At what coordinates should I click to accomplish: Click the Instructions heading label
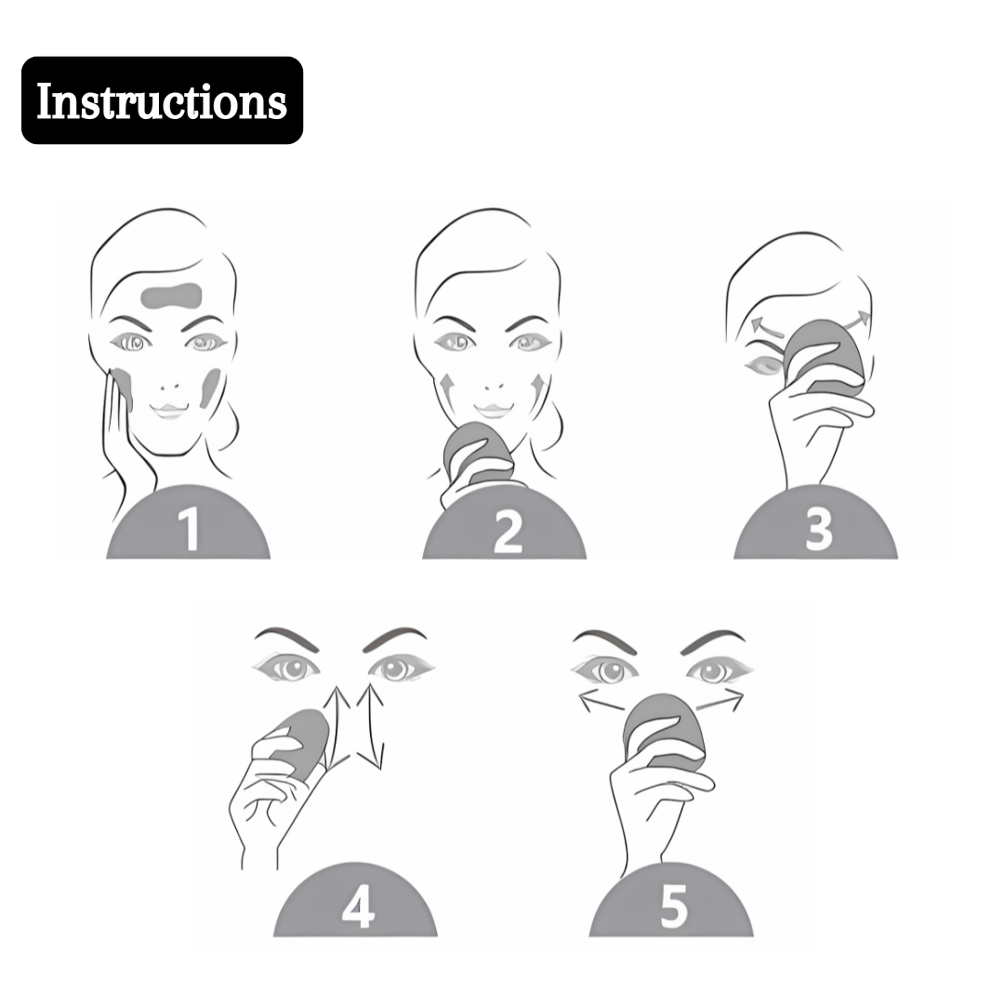[162, 100]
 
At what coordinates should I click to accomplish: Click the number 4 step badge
[355, 900]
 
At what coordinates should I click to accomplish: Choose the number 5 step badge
[671, 900]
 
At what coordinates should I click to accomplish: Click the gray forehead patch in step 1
[172, 296]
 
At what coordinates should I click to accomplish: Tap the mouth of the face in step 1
[169, 411]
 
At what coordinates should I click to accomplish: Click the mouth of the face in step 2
[493, 410]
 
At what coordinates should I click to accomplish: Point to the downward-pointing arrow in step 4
[371, 727]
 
